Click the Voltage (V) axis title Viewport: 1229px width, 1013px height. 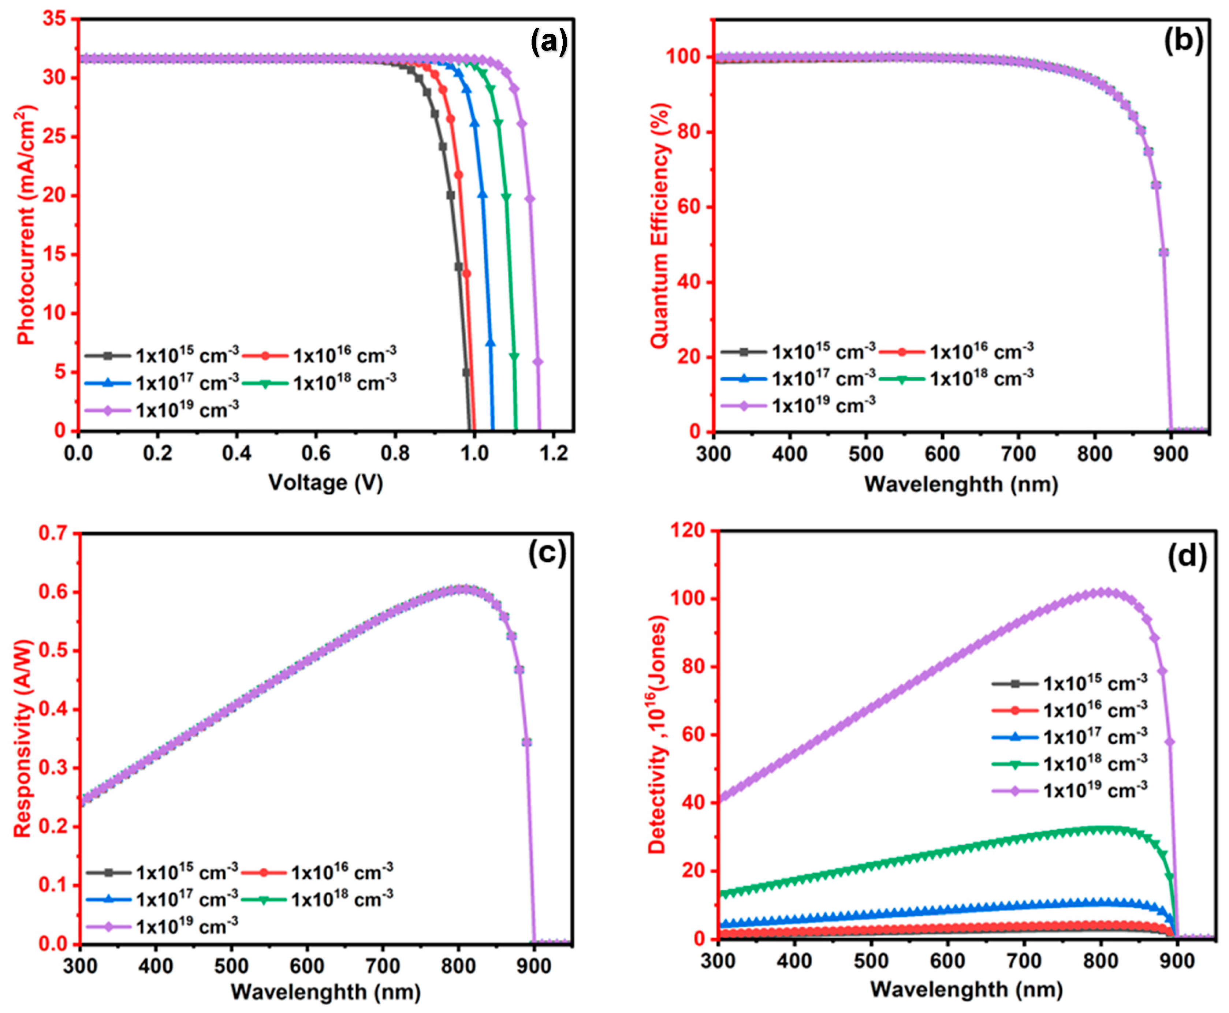pyautogui.click(x=325, y=483)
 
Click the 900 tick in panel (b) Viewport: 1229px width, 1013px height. pyautogui.click(x=1170, y=453)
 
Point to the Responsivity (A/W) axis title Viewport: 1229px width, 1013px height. pyautogui.click(x=23, y=738)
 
